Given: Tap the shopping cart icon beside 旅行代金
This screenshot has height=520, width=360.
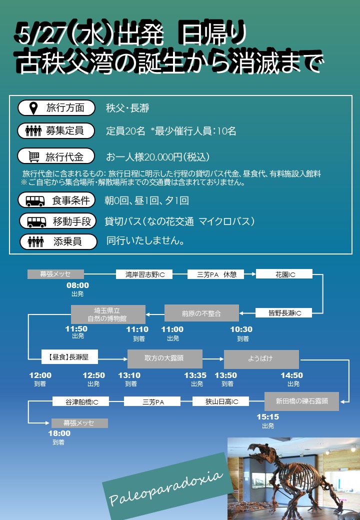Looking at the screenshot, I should (x=34, y=156).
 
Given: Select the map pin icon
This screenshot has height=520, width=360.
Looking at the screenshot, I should (x=33, y=107).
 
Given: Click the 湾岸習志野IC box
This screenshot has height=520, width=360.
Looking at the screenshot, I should (x=144, y=274).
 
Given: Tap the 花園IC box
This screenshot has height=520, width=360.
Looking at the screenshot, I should (x=284, y=274).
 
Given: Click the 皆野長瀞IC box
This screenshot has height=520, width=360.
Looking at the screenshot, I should (x=284, y=313).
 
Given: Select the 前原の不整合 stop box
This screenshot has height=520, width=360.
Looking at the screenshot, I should (x=201, y=313).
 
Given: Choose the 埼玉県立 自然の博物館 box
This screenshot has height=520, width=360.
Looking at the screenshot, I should (x=108, y=314).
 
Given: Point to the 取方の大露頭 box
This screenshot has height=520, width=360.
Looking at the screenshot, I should (x=165, y=358).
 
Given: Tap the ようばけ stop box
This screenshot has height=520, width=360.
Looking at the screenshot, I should (x=261, y=358).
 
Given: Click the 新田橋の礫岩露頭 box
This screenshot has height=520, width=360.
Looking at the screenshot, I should (x=301, y=401).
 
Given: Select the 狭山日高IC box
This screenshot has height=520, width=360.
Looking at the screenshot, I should (x=220, y=401).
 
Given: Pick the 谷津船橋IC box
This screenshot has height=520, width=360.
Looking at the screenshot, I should (x=80, y=401).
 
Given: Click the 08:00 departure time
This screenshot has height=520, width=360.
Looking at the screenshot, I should (x=77, y=286).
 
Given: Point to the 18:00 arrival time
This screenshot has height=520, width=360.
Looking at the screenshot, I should (x=59, y=433).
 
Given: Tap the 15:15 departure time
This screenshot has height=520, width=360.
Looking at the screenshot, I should (x=268, y=417).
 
